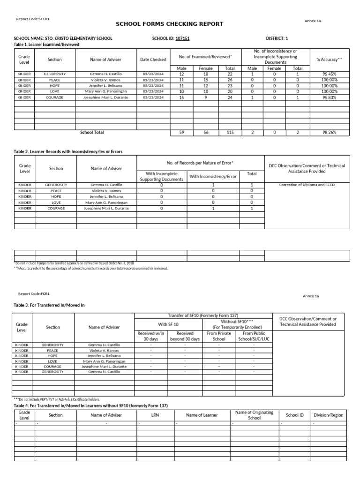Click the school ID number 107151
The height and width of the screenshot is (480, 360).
tap(182, 38)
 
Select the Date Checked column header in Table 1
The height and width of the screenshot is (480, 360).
tap(153, 60)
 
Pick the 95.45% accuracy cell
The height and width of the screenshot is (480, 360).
tap(330, 74)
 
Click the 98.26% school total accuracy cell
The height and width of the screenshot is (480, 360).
tap(330, 133)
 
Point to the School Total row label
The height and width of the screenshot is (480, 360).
tap(92, 133)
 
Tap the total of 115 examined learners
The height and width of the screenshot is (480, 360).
tap(230, 133)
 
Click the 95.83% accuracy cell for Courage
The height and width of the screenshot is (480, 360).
tap(330, 97)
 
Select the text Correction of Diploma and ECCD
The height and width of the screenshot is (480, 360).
tap(307, 185)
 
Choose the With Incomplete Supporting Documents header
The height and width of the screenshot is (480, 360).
tap(161, 177)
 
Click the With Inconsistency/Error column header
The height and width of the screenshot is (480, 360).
tap(213, 177)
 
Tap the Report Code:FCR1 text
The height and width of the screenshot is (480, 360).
tap(34, 294)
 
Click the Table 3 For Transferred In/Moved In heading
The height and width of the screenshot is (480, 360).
tap(49, 305)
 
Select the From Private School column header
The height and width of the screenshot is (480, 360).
tap(219, 336)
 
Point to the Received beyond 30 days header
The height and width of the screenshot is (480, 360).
tap(185, 336)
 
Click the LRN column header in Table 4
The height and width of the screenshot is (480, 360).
tap(156, 415)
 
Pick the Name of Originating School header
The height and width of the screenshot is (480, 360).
tap(255, 415)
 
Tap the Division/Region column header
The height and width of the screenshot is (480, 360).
tap(329, 415)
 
